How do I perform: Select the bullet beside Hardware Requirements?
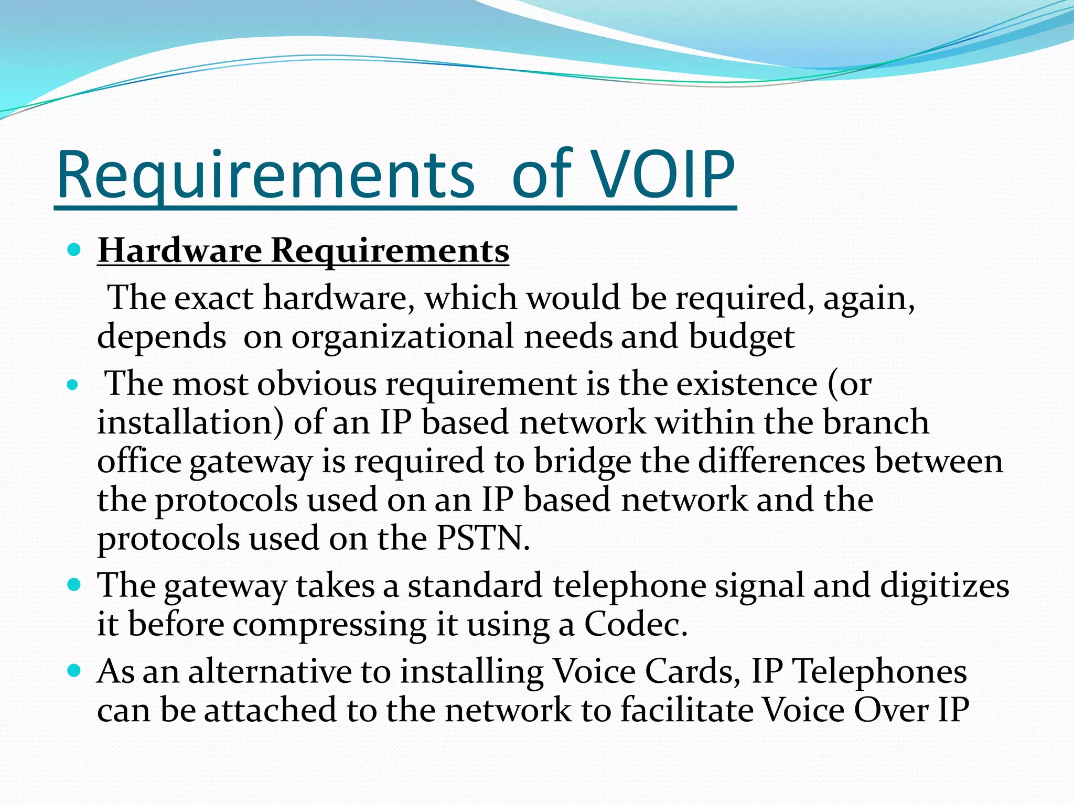click(74, 249)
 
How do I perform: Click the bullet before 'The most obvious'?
click(73, 386)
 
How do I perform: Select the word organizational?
click(402, 336)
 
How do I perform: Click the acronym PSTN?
click(482, 538)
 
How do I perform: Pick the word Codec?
click(635, 624)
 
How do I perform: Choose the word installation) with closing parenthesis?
click(190, 422)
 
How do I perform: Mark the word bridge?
click(583, 461)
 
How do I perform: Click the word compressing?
click(329, 624)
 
